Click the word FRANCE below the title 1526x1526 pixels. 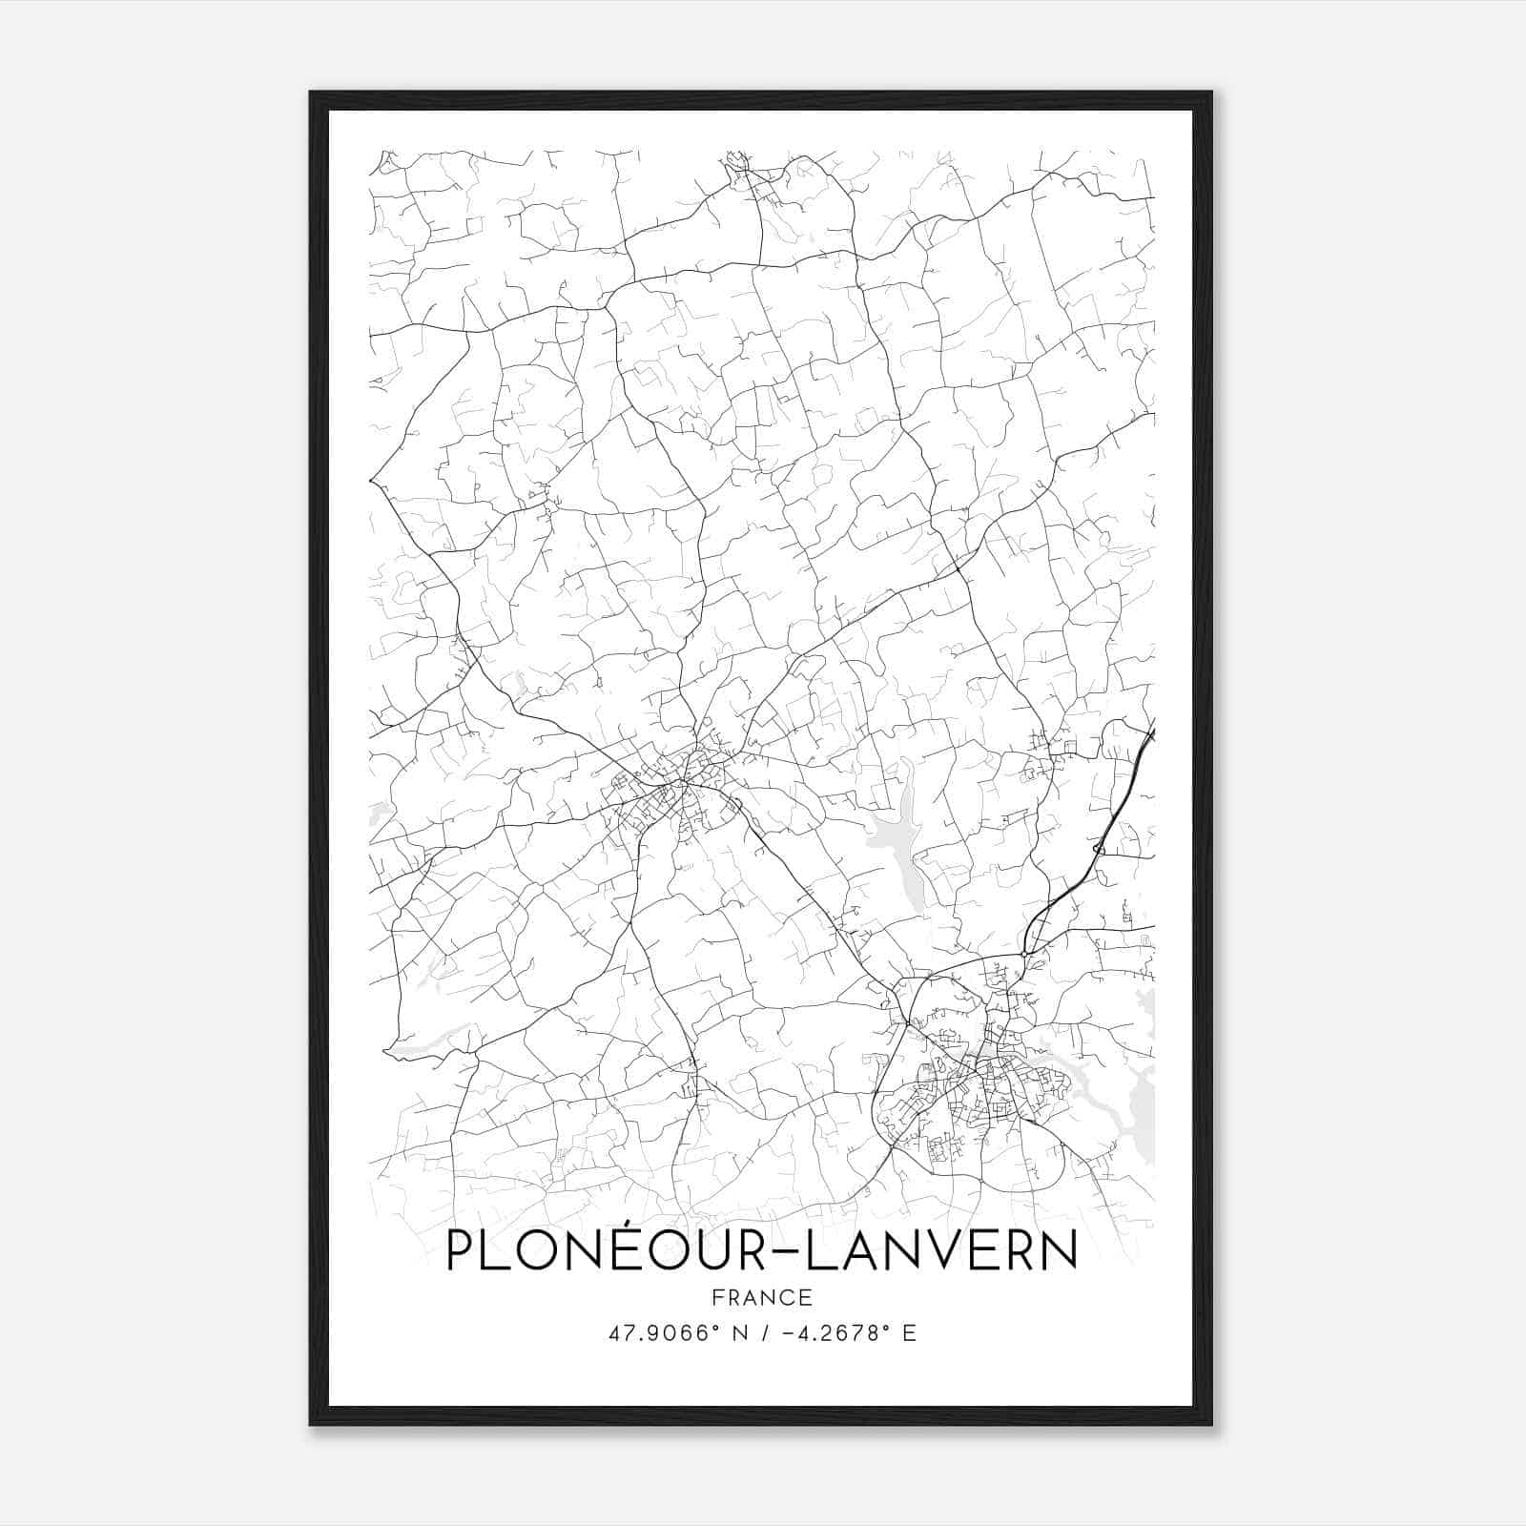761,1297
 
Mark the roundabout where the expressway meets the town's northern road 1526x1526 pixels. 1023,953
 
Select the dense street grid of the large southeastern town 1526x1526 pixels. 973,1097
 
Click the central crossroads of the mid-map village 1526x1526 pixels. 683,784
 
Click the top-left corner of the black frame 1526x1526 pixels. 312,93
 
